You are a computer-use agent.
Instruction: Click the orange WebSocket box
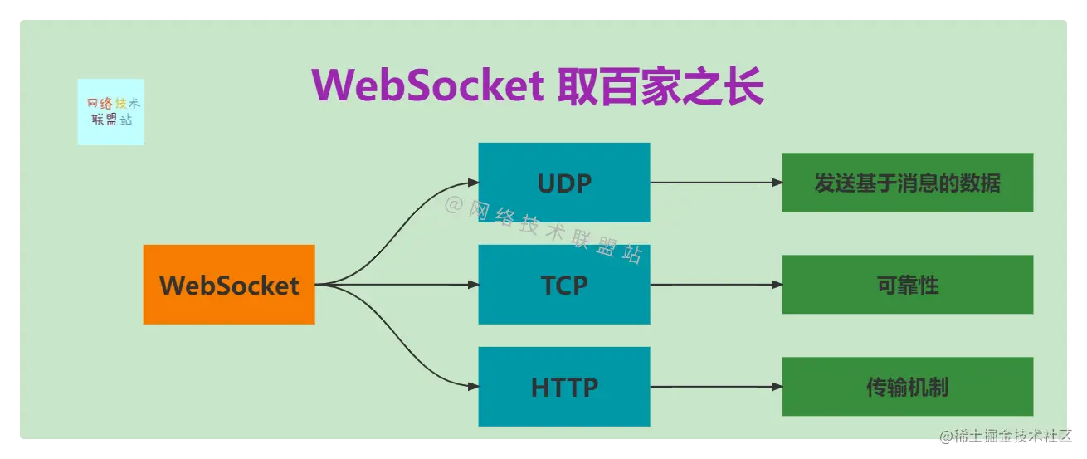(228, 285)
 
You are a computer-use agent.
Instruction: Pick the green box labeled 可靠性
(907, 285)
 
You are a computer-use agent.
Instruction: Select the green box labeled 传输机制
(907, 387)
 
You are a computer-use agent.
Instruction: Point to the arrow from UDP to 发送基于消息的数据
(714, 183)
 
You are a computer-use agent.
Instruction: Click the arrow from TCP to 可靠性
(714, 285)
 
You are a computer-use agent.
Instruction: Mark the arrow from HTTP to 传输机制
(714, 387)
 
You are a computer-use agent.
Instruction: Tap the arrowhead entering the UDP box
(473, 183)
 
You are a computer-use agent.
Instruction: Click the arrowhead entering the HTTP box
(473, 387)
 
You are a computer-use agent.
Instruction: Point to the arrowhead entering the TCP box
(473, 285)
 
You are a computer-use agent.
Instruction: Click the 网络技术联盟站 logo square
(110, 112)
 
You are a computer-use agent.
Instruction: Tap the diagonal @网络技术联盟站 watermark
(543, 228)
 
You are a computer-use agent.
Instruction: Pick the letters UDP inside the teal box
(564, 183)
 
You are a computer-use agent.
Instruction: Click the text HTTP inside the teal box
(564, 387)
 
